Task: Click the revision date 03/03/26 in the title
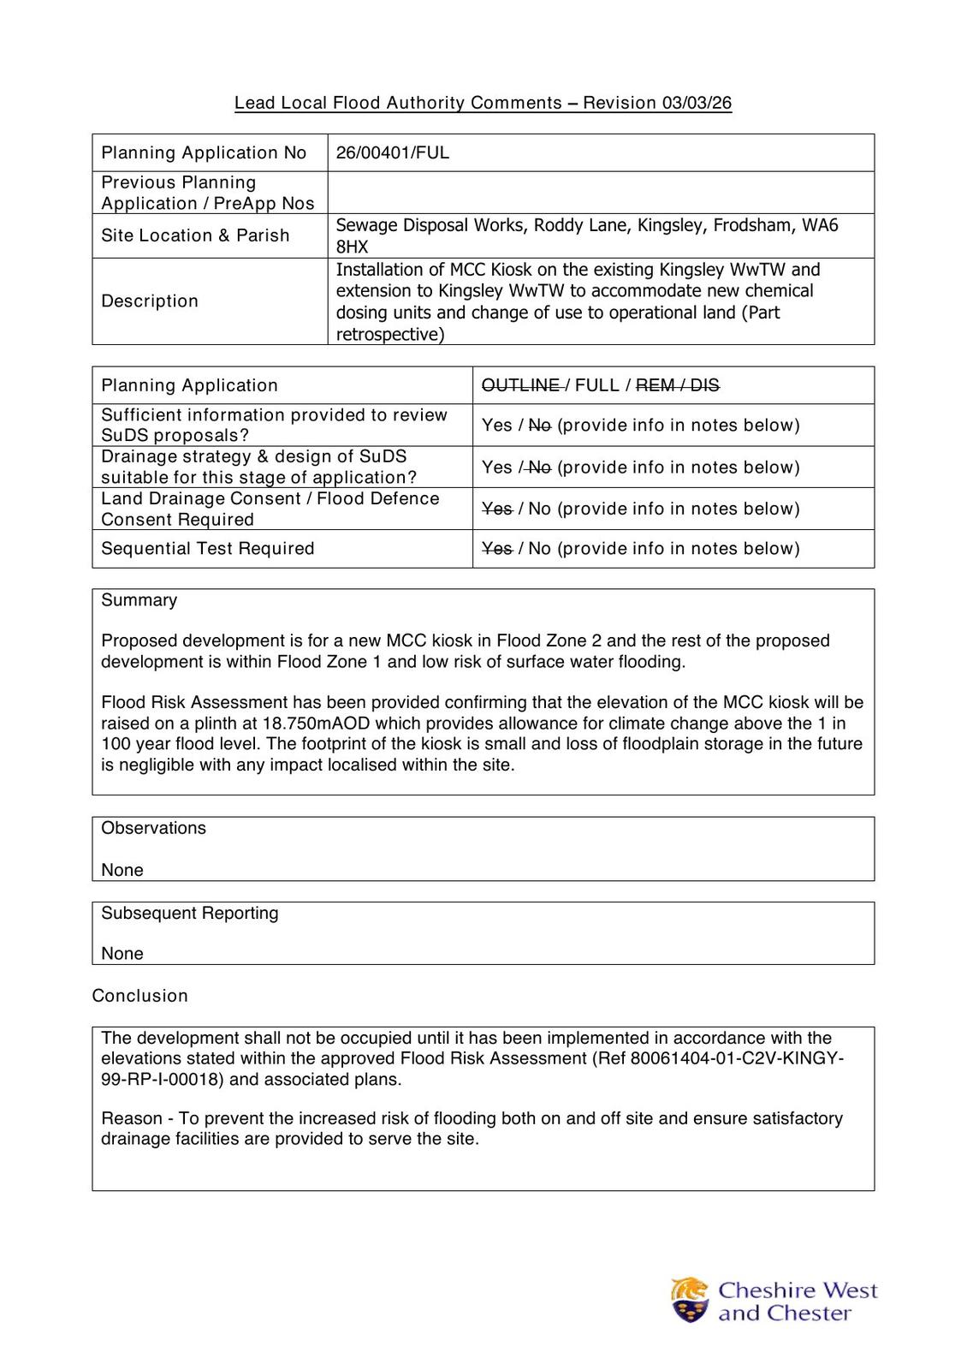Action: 696,103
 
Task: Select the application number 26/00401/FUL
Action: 392,153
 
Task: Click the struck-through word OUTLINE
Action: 520,385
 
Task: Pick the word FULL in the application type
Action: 596,385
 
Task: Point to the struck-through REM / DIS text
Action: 677,385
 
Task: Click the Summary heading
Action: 139,600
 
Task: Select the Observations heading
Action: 153,828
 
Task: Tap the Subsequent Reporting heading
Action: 189,913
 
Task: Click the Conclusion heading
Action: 139,996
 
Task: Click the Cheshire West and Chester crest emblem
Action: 690,1300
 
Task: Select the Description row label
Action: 150,301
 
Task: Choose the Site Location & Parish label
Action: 195,235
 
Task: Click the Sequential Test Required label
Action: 207,549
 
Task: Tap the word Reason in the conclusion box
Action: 131,1118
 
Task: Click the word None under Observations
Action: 122,870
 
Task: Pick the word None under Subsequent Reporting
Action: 122,954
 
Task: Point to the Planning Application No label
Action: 204,153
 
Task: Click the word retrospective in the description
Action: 389,334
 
